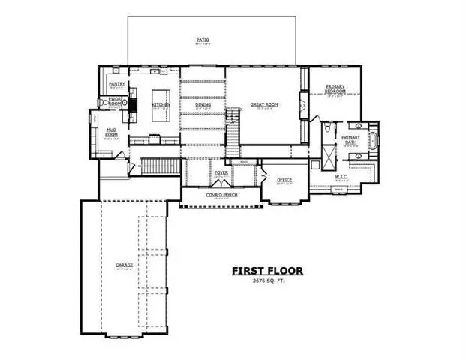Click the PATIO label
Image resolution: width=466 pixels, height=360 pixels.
click(203, 39)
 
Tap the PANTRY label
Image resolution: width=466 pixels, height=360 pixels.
click(116, 85)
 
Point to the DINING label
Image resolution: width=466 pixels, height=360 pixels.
click(203, 104)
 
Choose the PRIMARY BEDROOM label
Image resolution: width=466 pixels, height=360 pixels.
click(335, 89)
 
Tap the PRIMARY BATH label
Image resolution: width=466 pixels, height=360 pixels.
click(350, 139)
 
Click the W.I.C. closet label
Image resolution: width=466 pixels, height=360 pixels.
click(341, 177)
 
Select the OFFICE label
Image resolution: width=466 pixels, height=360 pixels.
click(284, 180)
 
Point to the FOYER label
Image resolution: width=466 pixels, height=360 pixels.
click(221, 173)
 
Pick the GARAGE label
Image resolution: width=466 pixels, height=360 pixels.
click(125, 265)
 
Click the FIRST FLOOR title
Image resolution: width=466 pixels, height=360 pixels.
click(266, 270)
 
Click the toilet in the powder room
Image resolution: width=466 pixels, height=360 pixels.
click(103, 103)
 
